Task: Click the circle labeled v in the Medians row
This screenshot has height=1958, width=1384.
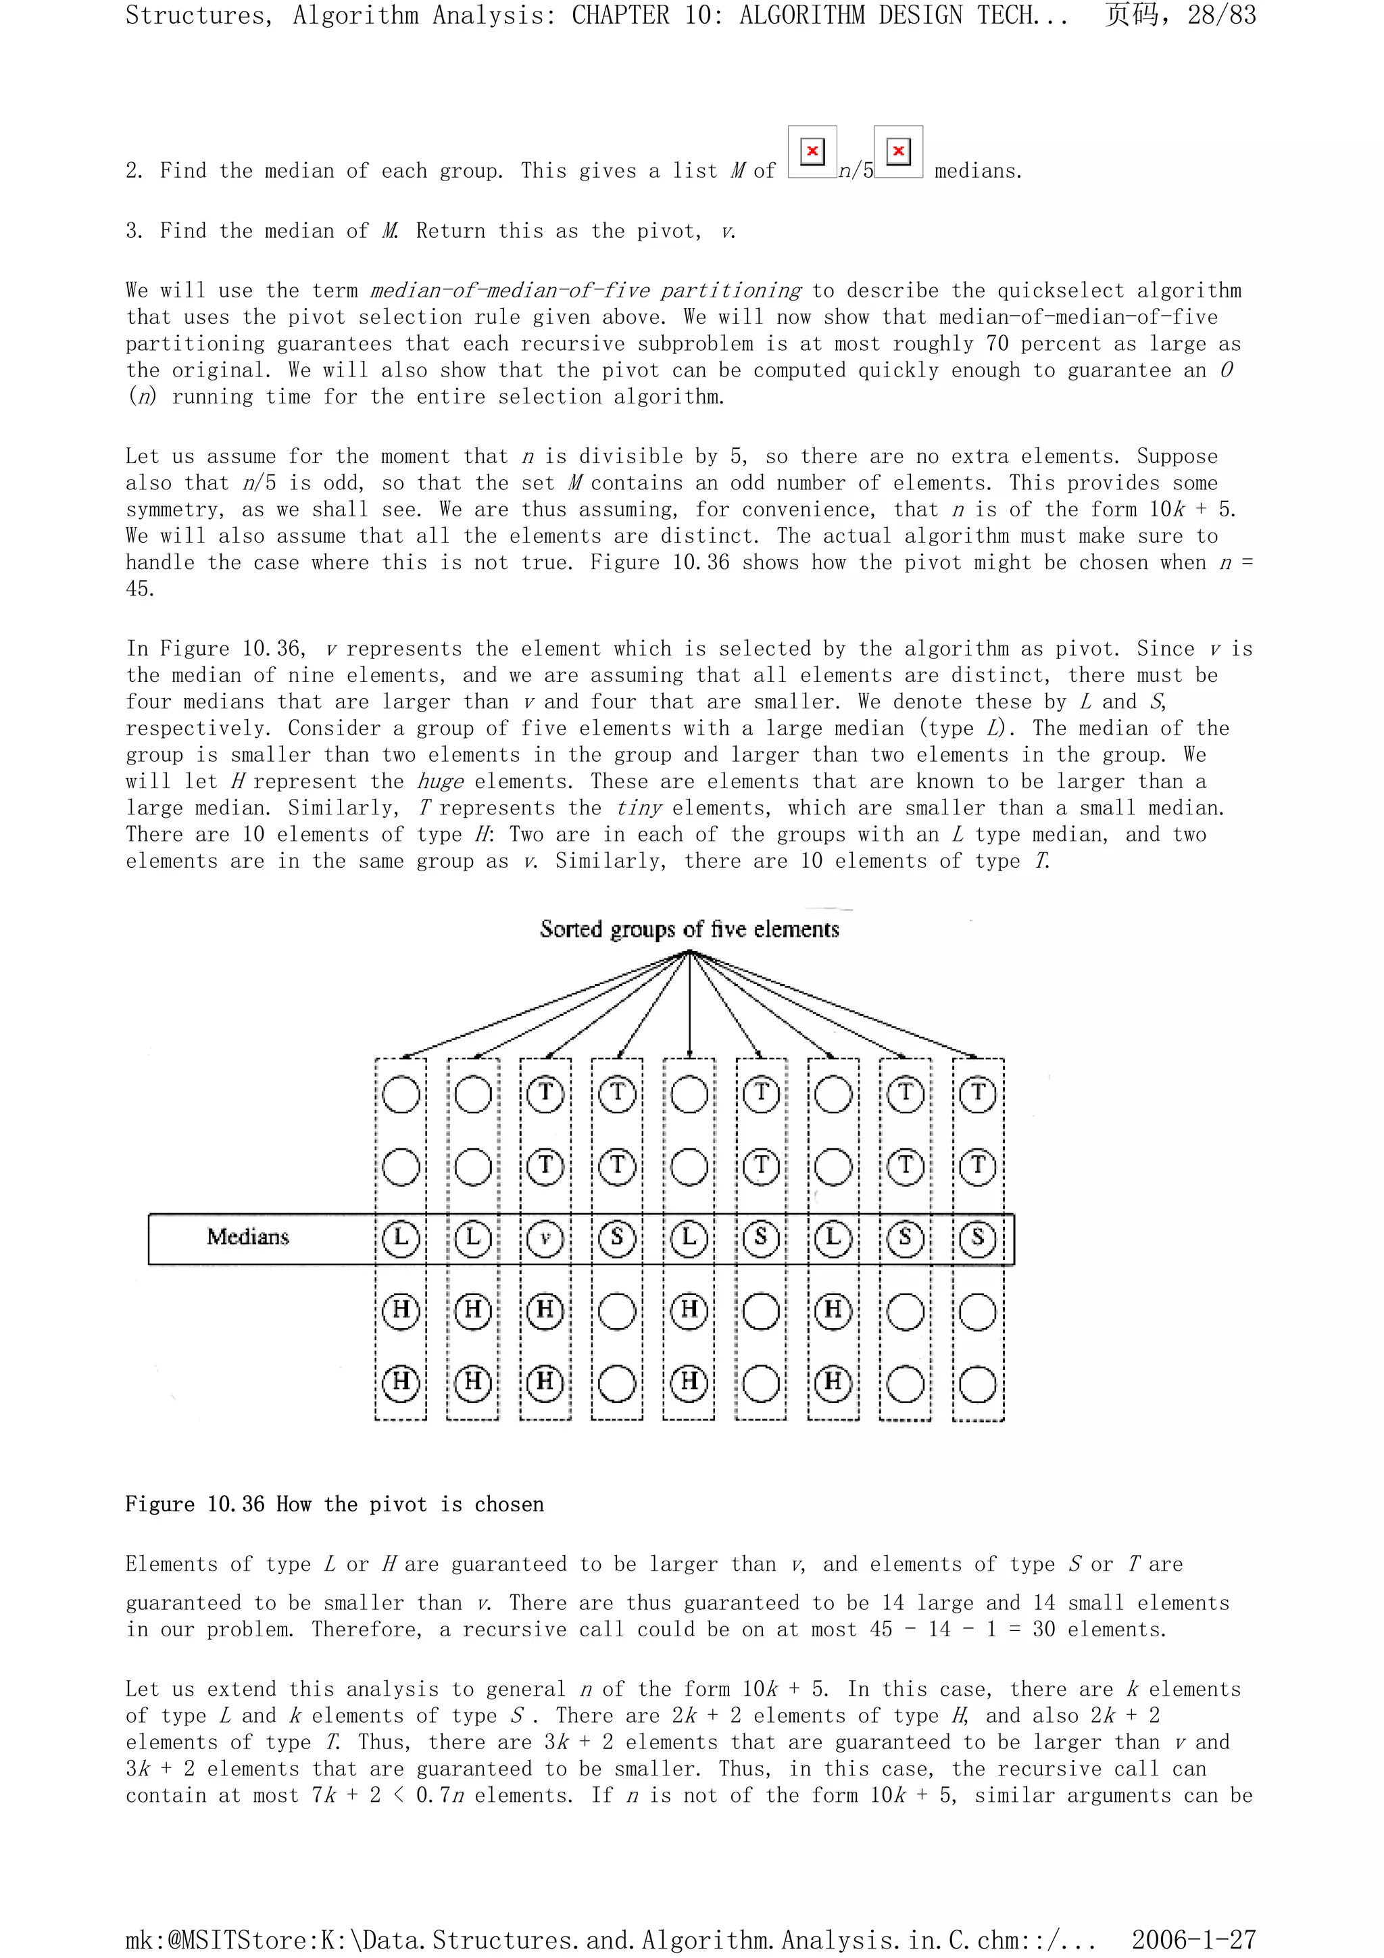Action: click(x=545, y=1238)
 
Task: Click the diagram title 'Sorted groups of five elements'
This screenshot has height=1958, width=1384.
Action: click(x=689, y=929)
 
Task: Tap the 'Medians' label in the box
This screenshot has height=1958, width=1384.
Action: click(x=247, y=1237)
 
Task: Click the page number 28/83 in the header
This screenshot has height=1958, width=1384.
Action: click(x=1221, y=16)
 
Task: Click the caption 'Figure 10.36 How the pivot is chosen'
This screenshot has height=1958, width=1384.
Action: click(x=335, y=1503)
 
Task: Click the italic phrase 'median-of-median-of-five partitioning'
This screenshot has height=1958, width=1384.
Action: click(x=586, y=291)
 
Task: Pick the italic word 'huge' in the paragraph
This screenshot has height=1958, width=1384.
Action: click(x=440, y=781)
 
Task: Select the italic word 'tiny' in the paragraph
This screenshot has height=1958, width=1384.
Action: click(x=639, y=808)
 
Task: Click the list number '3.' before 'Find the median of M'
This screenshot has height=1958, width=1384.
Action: click(x=136, y=231)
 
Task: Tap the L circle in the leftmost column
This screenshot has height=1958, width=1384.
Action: click(x=401, y=1238)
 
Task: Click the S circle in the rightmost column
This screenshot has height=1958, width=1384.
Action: click(x=977, y=1238)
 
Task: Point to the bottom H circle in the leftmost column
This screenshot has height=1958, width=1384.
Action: click(x=401, y=1381)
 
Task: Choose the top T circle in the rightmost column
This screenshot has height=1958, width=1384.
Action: click(x=977, y=1094)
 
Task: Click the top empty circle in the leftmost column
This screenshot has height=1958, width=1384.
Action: click(x=401, y=1094)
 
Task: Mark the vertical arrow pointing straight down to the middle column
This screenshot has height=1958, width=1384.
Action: click(x=689, y=1006)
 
